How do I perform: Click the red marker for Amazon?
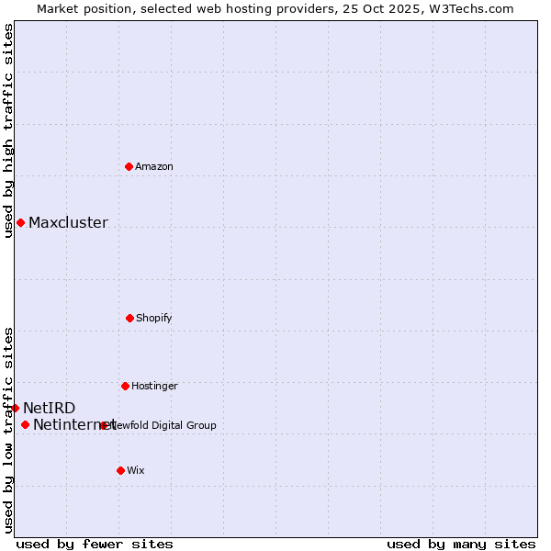[129, 166]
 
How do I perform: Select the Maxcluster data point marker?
[20, 222]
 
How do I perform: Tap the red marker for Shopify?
[129, 318]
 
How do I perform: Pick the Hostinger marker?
[125, 386]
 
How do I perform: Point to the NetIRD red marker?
[15, 408]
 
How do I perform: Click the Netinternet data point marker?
[25, 424]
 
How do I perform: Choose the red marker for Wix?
[120, 470]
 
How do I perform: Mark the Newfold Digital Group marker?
[104, 425]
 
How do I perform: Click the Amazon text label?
[154, 166]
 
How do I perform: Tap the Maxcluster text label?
[68, 222]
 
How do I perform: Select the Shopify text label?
[154, 318]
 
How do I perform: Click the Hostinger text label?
[154, 386]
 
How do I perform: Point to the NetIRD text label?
[50, 408]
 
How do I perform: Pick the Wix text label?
[136, 470]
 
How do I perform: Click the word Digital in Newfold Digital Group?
[168, 425]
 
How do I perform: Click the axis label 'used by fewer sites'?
[95, 544]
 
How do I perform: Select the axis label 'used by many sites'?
[461, 544]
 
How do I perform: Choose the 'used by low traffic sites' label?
[8, 429]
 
